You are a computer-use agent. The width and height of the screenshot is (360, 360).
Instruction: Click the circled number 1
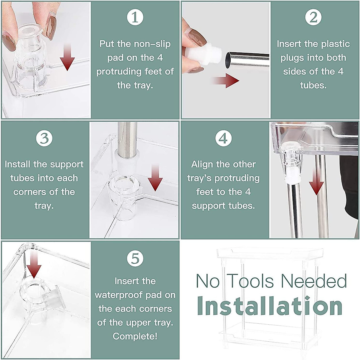pos(135,17)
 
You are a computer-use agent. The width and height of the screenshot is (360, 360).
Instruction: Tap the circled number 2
pos(313,17)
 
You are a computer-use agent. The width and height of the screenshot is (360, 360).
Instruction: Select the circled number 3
pos(44,138)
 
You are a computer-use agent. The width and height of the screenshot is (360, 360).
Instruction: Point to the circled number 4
pos(223,138)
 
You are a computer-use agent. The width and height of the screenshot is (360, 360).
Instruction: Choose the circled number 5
pos(135,258)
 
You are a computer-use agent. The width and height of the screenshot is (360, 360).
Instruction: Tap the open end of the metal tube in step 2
pos(229,60)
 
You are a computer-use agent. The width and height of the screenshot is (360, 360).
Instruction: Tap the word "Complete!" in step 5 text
pos(135,336)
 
